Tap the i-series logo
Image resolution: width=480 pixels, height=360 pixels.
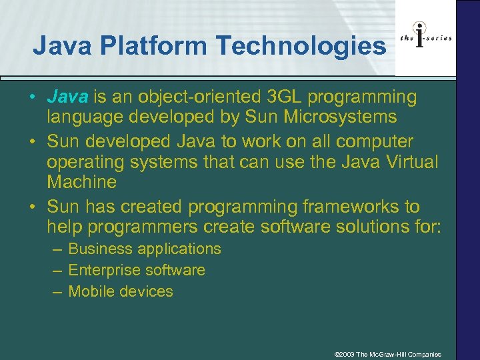[x=425, y=37]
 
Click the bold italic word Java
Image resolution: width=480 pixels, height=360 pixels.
[x=67, y=97]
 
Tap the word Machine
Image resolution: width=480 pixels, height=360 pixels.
[x=81, y=182]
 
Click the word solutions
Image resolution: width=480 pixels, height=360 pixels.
[x=351, y=227]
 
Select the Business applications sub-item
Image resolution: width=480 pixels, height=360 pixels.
[x=145, y=249]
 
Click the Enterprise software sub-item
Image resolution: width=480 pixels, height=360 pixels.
[x=137, y=270]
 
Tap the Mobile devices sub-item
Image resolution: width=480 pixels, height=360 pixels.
[x=121, y=291]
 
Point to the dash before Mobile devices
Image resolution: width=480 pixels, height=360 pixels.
[x=57, y=291]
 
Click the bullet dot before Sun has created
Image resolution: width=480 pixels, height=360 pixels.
[x=32, y=207]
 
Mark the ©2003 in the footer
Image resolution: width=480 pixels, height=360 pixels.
[x=344, y=354]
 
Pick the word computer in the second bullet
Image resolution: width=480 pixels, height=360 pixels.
[x=375, y=142]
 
